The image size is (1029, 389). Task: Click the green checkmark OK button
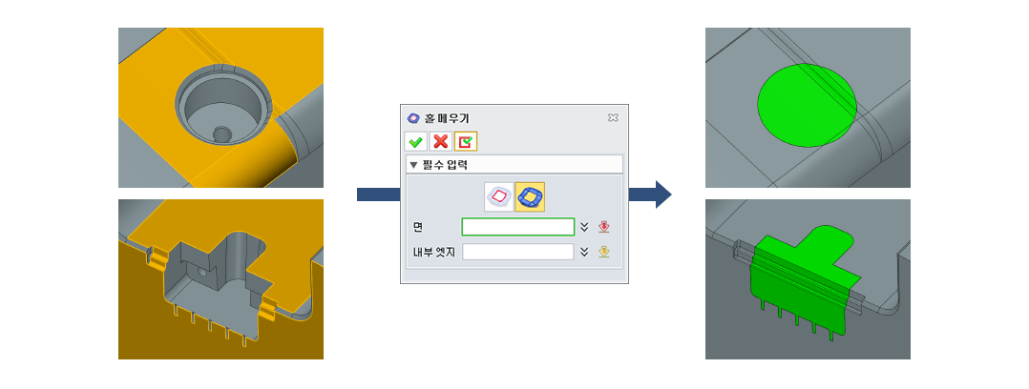(415, 142)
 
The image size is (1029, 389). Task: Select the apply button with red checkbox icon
(465, 142)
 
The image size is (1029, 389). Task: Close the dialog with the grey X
(613, 117)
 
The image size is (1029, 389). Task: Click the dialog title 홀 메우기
(448, 118)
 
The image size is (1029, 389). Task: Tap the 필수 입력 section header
(439, 164)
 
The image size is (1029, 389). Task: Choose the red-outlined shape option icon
(498, 196)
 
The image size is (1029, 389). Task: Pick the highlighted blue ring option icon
(530, 196)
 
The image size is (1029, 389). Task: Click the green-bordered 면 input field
(518, 227)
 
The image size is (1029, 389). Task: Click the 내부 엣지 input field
(518, 252)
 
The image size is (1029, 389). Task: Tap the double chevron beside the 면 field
(584, 227)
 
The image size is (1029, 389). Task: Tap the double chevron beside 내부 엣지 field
(584, 252)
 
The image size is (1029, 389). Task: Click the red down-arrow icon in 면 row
(603, 227)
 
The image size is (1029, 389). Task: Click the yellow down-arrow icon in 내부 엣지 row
(603, 252)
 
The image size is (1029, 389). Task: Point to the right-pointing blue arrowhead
(662, 194)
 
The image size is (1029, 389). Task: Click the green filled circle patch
(807, 105)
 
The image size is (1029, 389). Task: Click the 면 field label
(417, 227)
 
